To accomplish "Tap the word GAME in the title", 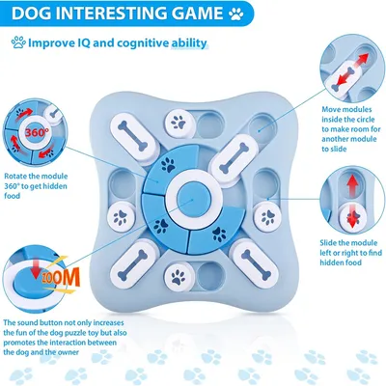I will click(x=199, y=14).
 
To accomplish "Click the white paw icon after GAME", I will click(x=236, y=14).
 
